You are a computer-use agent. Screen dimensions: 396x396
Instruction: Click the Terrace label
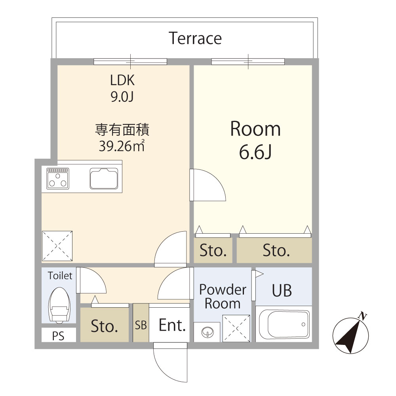195,38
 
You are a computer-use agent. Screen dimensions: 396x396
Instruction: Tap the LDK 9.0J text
122,88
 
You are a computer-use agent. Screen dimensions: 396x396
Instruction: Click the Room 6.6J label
255,141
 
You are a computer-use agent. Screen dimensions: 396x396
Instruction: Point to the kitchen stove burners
58,178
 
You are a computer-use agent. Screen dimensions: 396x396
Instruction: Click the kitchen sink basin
104,178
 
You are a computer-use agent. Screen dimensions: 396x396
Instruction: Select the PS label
58,336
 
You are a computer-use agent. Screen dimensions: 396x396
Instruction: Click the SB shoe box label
141,325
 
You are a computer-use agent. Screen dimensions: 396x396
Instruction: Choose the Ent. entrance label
172,325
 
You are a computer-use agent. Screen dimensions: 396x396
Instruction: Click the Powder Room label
222,297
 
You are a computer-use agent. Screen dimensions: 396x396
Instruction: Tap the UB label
282,290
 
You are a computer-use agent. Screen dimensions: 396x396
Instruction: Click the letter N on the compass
362,316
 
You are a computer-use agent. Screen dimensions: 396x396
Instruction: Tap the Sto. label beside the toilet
105,326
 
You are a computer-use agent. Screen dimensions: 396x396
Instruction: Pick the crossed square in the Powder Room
236,328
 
